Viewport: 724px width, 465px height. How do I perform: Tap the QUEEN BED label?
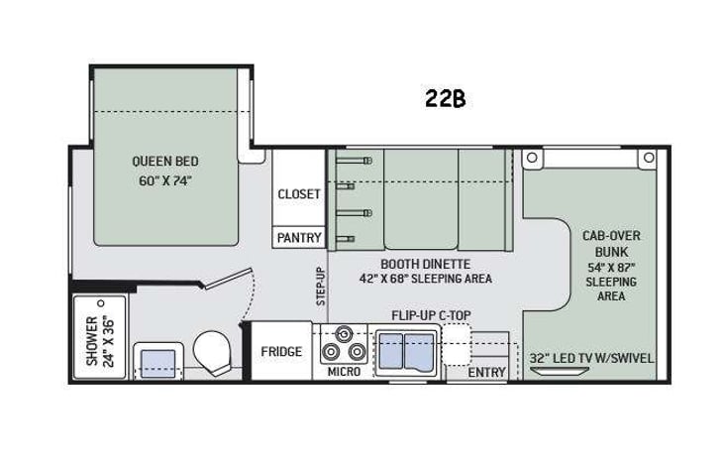coord(165,163)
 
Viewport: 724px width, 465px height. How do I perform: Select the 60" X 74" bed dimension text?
coord(165,180)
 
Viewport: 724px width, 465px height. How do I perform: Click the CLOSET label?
coord(298,194)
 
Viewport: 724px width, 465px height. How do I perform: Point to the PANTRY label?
coord(298,238)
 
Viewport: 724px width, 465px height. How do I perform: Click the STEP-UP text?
coord(320,289)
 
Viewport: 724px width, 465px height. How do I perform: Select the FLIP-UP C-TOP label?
coord(432,316)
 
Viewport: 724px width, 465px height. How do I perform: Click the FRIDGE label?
coord(281,352)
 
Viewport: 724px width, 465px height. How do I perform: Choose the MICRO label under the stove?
coord(343,373)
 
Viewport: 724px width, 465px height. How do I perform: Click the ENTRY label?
coord(486,373)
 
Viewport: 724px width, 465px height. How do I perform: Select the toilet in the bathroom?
coord(213,351)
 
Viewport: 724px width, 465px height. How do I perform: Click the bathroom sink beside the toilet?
coord(156,358)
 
